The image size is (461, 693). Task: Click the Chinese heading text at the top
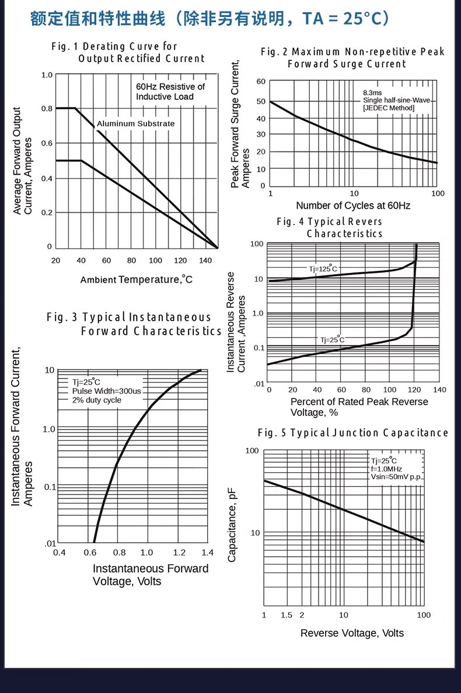tap(210, 19)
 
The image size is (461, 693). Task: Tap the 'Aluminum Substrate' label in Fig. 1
tap(135, 124)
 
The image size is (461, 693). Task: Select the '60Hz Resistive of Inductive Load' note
tap(170, 92)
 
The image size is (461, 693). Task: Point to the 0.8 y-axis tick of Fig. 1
tap(47, 109)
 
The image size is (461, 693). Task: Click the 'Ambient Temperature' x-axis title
tap(137, 279)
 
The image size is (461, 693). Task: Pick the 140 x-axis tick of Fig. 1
tap(205, 261)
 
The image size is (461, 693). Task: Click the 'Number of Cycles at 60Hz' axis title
tap(353, 205)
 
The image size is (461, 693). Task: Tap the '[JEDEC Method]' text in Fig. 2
tap(389, 108)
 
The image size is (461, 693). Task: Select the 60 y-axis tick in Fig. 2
tap(260, 82)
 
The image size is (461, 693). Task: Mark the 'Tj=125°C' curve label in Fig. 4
tap(323, 268)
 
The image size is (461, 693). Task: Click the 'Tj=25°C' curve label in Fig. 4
tap(331, 339)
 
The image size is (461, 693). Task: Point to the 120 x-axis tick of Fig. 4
tap(415, 390)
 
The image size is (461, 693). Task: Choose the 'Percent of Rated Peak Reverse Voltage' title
tap(359, 407)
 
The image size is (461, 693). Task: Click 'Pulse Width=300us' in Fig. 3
tap(106, 391)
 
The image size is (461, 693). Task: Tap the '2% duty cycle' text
tap(97, 400)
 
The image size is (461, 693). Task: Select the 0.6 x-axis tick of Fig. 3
tap(90, 552)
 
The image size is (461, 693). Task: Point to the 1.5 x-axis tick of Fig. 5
tap(286, 615)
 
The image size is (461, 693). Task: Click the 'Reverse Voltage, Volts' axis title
tap(352, 633)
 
